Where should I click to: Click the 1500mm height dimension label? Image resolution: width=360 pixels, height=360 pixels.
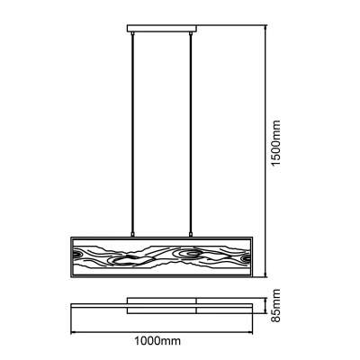[x=275, y=143]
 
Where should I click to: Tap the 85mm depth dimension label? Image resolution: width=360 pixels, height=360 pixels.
[x=275, y=305]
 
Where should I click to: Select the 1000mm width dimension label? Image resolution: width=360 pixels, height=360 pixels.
[x=157, y=341]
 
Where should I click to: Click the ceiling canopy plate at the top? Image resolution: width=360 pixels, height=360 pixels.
[x=162, y=29]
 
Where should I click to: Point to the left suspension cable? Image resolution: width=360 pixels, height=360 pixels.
[x=132, y=134]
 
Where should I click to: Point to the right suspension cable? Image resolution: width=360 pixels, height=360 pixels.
[x=191, y=134]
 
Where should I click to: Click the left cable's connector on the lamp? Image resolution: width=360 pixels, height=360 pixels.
[x=132, y=235]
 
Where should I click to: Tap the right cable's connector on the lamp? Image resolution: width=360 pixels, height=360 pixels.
[x=191, y=235]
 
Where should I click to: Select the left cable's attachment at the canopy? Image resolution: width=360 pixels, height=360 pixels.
[x=132, y=34]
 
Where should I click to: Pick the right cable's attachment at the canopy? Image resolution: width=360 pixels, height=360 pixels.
[x=191, y=34]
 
